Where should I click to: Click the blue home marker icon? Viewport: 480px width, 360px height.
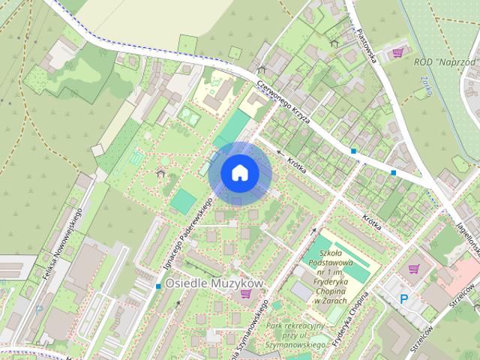pos(239,172)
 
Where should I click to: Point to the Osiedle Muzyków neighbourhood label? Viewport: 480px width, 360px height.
pos(214,283)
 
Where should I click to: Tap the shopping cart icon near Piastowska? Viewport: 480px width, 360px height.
pos(398,52)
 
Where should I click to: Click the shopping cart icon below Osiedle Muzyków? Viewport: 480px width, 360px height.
pos(245,295)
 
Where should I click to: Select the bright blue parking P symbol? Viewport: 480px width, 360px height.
pos(403,299)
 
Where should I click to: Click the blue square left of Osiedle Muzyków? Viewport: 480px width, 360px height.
pos(158,286)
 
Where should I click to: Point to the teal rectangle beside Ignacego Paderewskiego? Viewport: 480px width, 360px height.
pos(183,199)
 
